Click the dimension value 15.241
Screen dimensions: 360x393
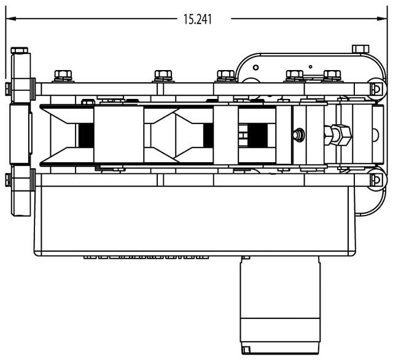196,19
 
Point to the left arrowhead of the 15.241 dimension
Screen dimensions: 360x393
9,18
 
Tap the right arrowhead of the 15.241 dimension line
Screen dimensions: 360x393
384,18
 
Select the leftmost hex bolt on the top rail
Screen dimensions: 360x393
63,76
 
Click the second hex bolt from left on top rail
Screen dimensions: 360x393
163,76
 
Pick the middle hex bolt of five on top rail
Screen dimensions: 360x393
225,76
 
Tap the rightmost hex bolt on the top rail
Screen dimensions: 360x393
332,76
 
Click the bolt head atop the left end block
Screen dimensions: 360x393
19,50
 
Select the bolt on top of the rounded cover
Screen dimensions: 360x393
359,48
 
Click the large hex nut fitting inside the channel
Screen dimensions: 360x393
340,133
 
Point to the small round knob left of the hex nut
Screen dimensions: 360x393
300,133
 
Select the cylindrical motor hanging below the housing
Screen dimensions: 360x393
280,304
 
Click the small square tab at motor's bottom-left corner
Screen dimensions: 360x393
246,350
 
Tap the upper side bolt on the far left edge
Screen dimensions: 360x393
7,88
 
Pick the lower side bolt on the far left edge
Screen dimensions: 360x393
7,180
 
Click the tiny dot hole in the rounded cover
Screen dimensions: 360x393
311,66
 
